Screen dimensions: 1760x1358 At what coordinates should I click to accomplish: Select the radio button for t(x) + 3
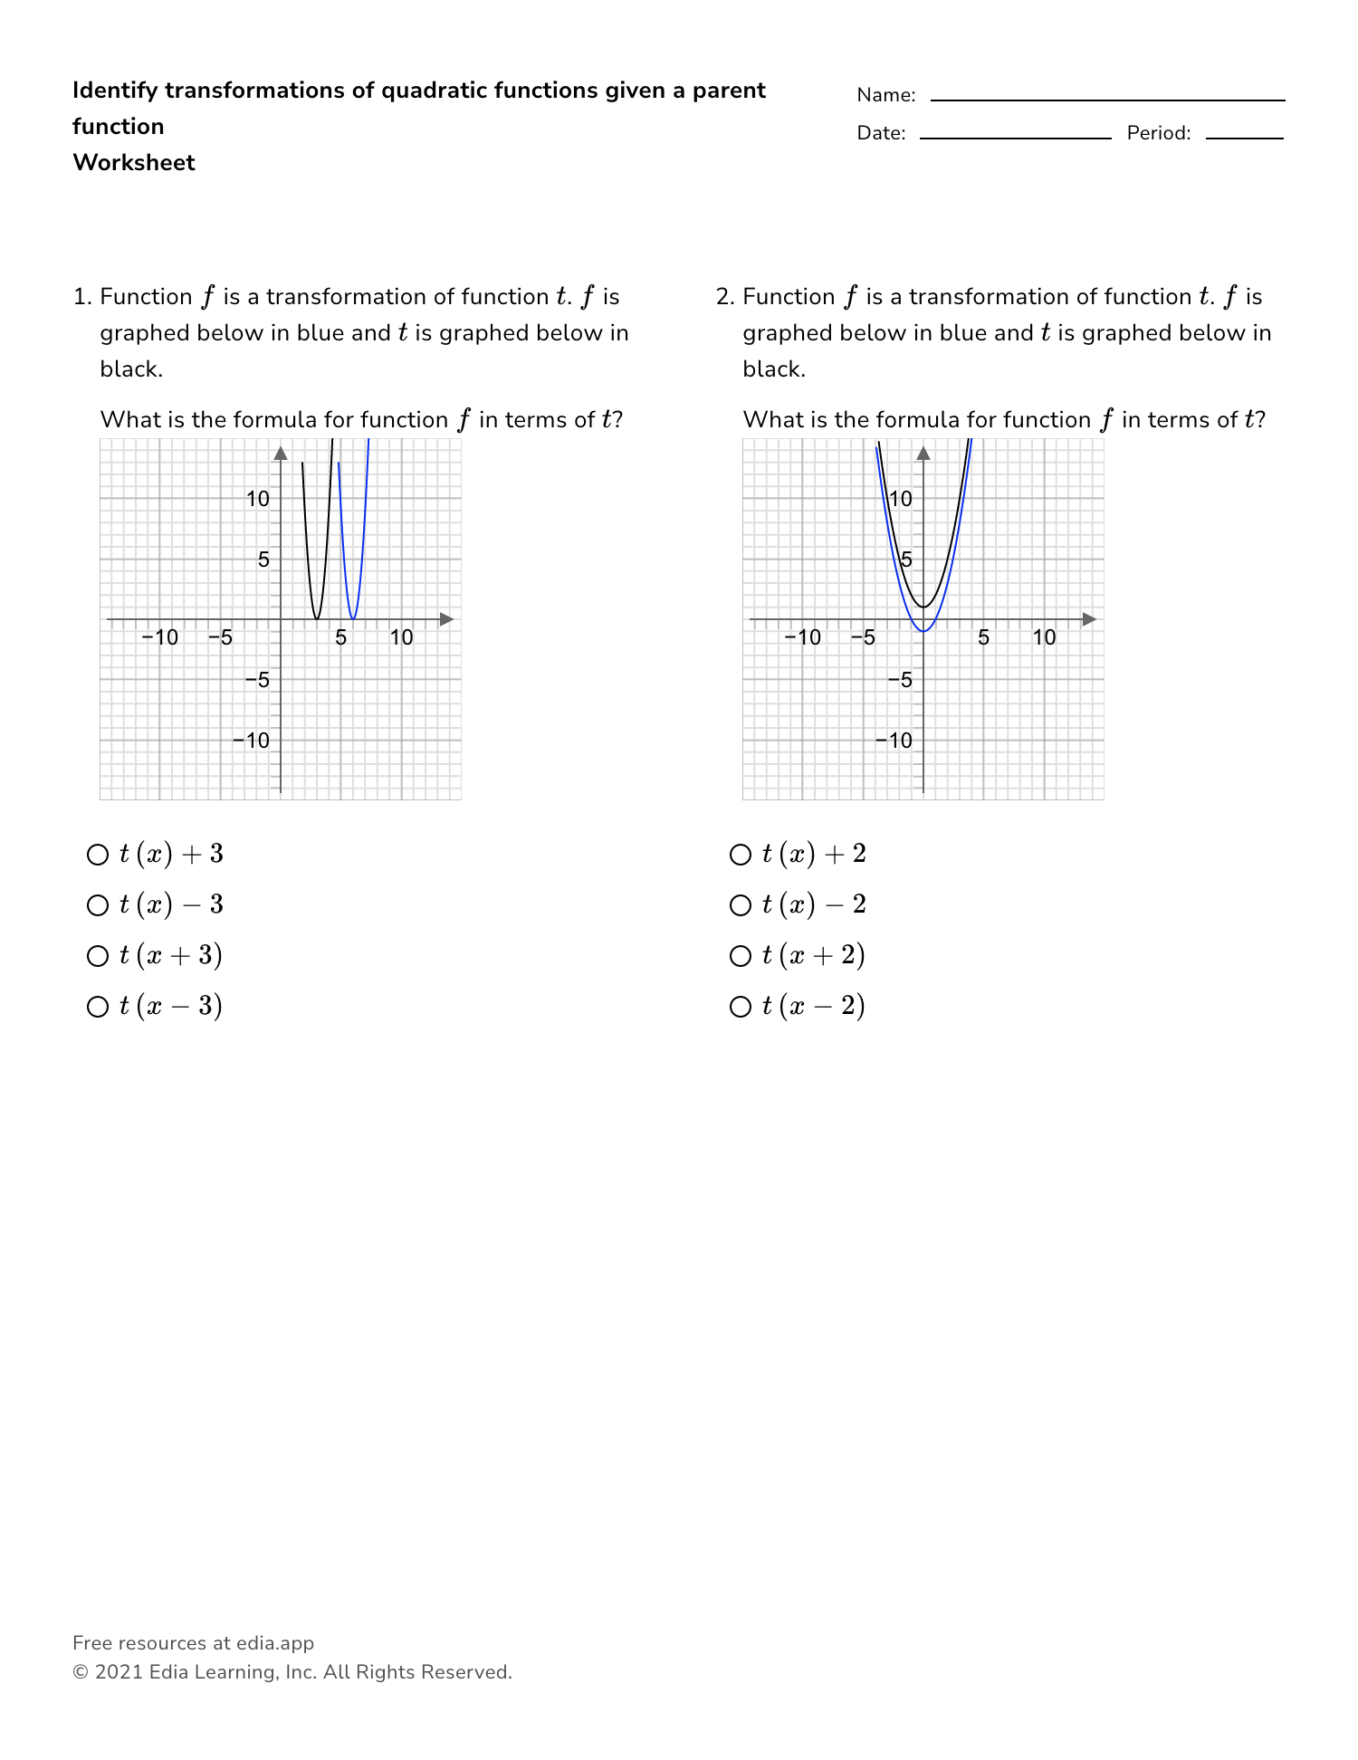(x=98, y=855)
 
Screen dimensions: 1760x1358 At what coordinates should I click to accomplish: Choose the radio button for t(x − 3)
(x=98, y=1007)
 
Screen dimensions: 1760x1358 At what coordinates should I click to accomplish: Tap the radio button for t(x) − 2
(x=741, y=905)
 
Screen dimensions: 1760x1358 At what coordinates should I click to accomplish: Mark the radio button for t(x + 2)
(x=741, y=956)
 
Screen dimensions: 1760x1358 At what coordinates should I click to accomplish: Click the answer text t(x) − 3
(x=171, y=905)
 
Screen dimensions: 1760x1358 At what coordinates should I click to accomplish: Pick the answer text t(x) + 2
(x=814, y=855)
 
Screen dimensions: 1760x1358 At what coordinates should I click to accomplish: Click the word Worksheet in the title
(x=134, y=163)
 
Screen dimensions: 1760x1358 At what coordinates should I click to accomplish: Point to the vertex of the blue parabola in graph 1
(x=353, y=618)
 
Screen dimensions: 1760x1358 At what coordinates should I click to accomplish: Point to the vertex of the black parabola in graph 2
(x=923, y=607)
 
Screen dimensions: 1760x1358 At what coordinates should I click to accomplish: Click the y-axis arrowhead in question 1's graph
(x=281, y=453)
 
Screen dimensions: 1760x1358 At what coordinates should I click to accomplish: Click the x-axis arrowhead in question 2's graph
(x=1089, y=619)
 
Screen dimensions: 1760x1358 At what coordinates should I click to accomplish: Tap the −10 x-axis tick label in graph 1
(x=160, y=637)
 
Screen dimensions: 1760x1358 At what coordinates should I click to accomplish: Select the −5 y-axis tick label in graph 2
(x=900, y=680)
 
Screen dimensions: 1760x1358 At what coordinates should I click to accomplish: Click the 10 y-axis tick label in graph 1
(x=258, y=499)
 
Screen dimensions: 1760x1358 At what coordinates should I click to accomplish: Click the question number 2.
(x=722, y=297)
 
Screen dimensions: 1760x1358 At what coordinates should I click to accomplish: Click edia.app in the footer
(x=275, y=1643)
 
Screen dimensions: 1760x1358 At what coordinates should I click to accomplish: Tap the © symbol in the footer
(x=80, y=1672)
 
